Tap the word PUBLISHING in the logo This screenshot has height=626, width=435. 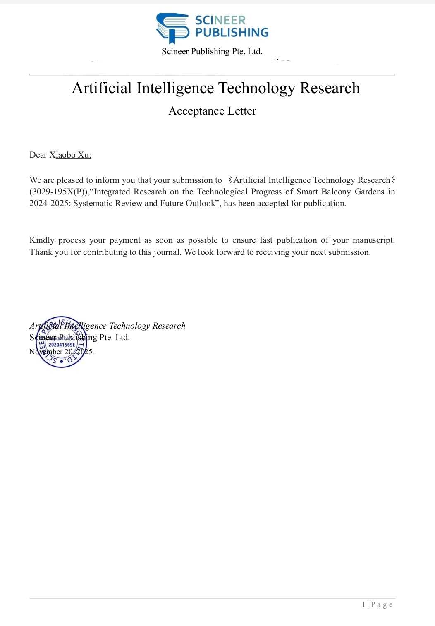pos(232,32)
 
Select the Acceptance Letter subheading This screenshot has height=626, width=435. pos(212,111)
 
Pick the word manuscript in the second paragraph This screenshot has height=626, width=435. pos(373,240)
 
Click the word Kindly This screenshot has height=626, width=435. pos(41,240)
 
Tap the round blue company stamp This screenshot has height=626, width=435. pos(62,342)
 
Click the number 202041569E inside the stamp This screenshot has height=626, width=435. pos(62,345)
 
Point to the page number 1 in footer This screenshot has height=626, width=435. pos(363,604)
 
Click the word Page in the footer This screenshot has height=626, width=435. pos(382,604)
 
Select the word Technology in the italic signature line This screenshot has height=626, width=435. pos(129,326)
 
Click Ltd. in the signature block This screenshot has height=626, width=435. pos(122,337)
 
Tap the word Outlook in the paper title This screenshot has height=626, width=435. pos(201,203)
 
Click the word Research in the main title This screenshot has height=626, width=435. pos(330,88)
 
